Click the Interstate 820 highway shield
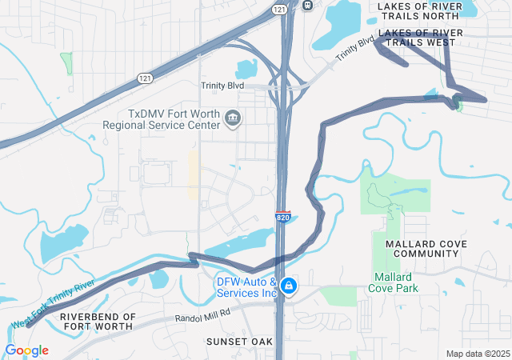click(x=282, y=217)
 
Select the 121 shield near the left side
click(x=145, y=78)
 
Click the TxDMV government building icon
click(x=233, y=119)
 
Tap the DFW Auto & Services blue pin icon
click(x=290, y=286)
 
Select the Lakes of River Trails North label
click(x=419, y=10)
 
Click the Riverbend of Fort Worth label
click(x=98, y=322)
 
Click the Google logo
click(x=26, y=350)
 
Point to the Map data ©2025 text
click(x=477, y=354)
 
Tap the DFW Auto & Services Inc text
click(x=246, y=287)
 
